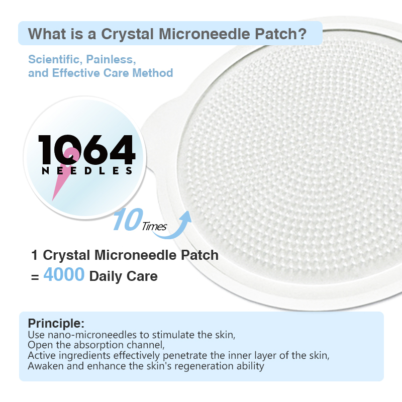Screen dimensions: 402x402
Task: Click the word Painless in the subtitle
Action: point(111,59)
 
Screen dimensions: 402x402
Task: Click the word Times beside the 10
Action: point(154,226)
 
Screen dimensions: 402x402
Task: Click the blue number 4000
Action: point(63,275)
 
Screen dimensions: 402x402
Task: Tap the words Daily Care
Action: point(123,276)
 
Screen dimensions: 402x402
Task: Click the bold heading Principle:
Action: point(56,323)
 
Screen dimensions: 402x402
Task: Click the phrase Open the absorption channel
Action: point(95,345)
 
